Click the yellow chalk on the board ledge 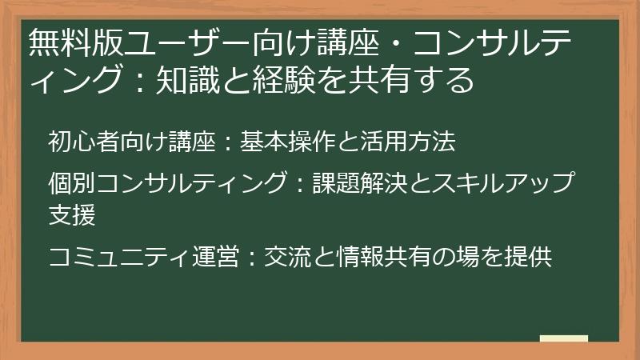(564, 338)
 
